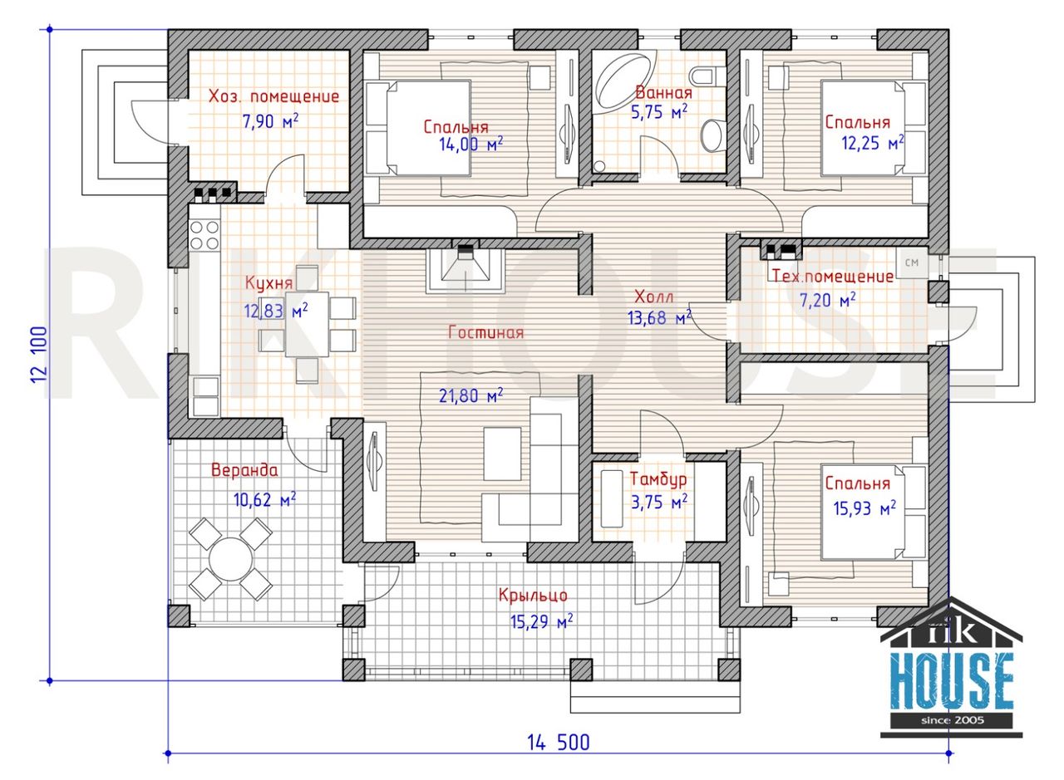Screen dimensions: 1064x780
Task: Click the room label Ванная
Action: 663,92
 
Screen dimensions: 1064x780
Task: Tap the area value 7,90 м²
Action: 271,121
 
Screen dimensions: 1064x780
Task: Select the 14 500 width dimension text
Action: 559,743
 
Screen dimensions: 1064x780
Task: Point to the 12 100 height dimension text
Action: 39,355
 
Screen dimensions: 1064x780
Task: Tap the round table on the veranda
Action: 231,559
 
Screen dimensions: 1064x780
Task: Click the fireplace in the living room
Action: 465,271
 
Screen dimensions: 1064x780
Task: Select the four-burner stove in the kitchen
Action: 204,235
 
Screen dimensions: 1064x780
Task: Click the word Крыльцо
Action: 533,596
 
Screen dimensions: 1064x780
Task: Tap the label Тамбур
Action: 658,479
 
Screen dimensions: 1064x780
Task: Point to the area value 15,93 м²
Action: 864,508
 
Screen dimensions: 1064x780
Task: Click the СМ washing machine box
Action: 912,262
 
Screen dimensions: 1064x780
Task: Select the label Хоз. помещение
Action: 274,97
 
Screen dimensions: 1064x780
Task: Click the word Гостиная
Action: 486,332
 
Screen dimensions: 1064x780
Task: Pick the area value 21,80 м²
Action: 470,395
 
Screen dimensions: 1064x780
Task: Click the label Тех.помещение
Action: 833,276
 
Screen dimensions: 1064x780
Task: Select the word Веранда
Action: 244,470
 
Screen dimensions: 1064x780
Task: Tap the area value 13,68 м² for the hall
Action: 659,316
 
